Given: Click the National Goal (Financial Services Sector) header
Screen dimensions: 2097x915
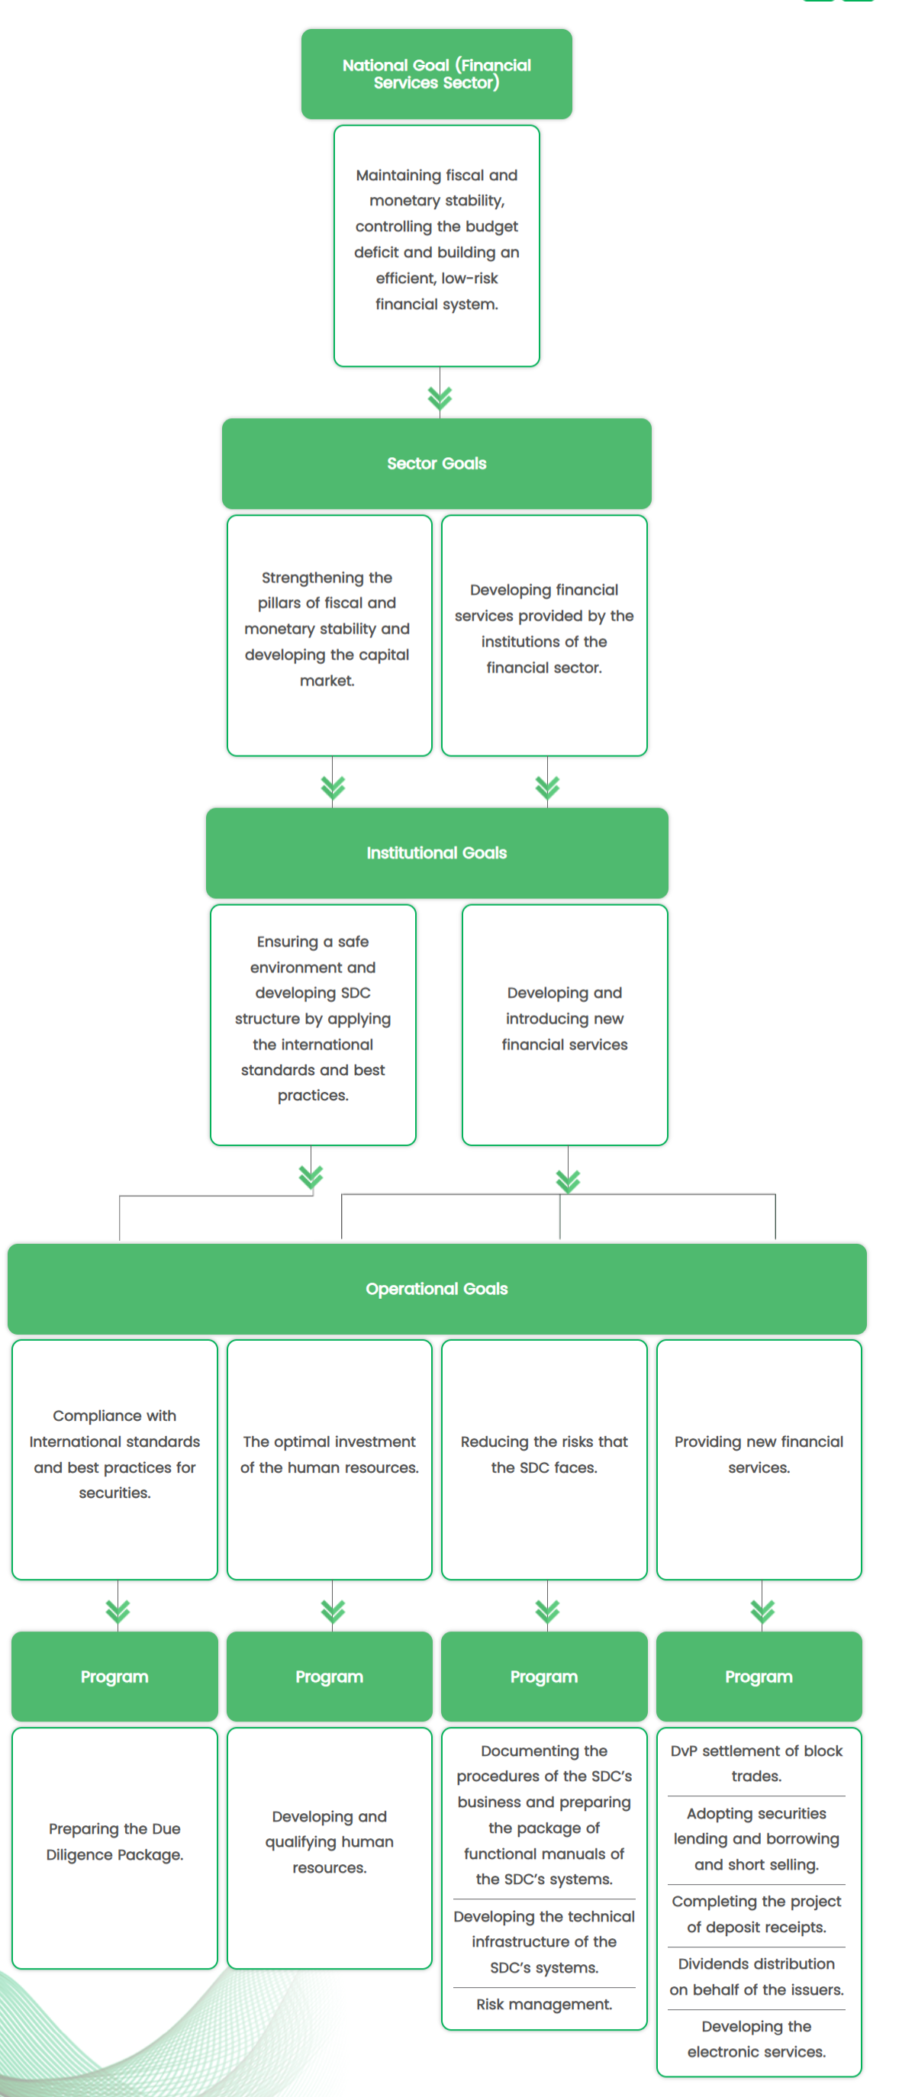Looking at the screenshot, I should click(437, 74).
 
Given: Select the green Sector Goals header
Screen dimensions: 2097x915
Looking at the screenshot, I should click(437, 463).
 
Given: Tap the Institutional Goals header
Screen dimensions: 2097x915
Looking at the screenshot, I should click(437, 852).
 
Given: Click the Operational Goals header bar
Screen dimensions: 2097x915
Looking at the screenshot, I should click(437, 1289).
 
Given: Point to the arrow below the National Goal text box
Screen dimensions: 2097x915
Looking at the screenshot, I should click(440, 398).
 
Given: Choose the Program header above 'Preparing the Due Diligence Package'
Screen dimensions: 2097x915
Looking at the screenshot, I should click(114, 1676).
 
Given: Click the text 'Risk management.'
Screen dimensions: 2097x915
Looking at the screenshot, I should click(544, 2003).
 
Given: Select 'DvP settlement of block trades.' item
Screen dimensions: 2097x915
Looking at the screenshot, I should click(756, 1764).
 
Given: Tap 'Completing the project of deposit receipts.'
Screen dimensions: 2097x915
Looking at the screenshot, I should click(756, 1914).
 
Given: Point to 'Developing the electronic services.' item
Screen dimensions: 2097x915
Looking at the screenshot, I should click(756, 2038).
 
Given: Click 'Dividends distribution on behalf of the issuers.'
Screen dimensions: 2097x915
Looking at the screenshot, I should click(756, 1976).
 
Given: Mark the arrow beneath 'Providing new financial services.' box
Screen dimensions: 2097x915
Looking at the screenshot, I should click(762, 1609).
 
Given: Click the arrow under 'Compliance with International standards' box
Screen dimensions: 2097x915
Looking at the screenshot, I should click(118, 1609).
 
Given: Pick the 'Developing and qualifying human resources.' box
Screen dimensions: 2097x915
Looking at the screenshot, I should click(329, 1841).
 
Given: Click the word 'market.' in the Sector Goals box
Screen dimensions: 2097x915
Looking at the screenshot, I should click(327, 681).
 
